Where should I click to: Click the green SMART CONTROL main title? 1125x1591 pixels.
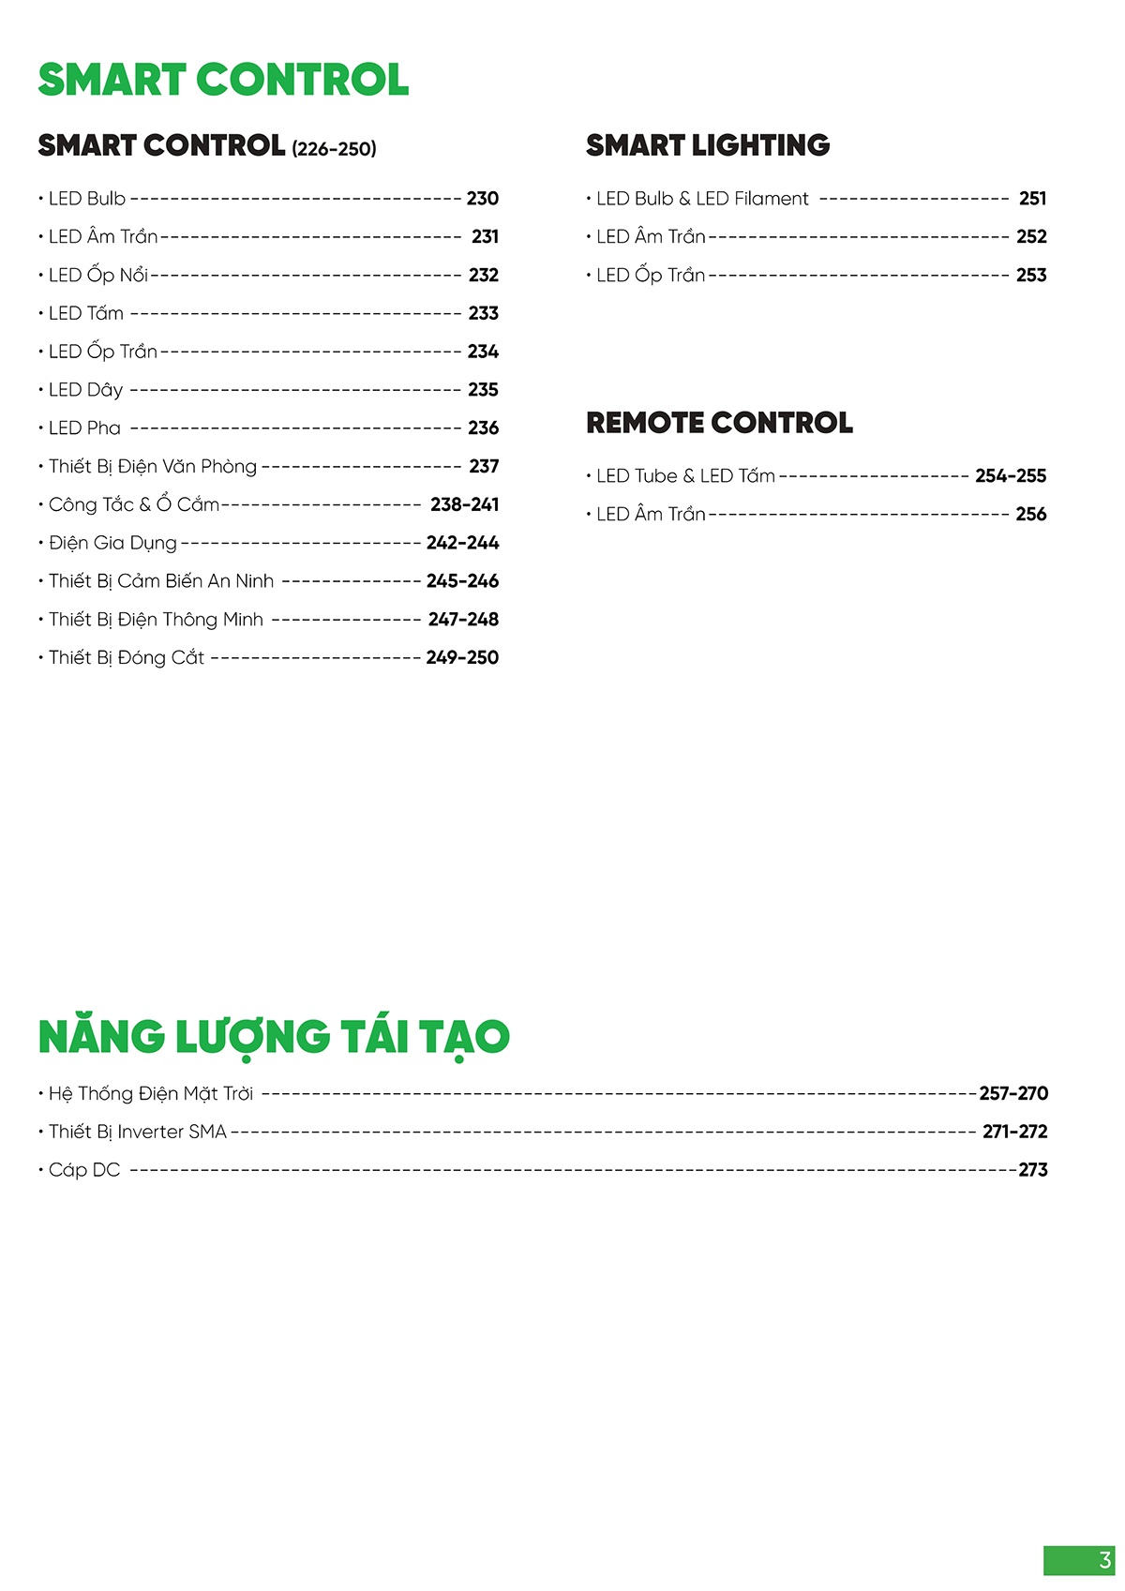(223, 80)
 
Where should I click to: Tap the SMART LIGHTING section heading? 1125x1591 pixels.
(708, 145)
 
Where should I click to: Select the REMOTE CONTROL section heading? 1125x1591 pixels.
(719, 423)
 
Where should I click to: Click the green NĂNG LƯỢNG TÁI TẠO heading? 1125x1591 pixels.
(274, 1037)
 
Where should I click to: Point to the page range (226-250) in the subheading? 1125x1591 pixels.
(334, 149)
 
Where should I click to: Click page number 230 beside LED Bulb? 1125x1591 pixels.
(482, 199)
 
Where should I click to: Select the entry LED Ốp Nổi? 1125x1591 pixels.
(98, 276)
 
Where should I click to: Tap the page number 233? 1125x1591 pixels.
(483, 313)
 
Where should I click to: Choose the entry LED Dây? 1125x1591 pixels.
(86, 390)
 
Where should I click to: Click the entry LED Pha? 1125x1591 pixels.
(84, 428)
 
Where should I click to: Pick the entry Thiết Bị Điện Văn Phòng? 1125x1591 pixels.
(153, 467)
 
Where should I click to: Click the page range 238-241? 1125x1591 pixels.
(464, 504)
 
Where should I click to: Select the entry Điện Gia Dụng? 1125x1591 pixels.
(112, 543)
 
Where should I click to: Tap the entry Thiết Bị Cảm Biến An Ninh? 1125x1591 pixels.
(161, 581)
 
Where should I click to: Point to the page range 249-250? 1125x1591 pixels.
(462, 658)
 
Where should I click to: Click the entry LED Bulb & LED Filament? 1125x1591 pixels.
(702, 199)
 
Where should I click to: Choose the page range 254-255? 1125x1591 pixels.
(1011, 476)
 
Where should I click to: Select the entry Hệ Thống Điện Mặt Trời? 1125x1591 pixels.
(151, 1094)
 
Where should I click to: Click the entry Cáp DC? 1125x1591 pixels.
(84, 1170)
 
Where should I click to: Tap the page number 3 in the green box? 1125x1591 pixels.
(1104, 1561)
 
